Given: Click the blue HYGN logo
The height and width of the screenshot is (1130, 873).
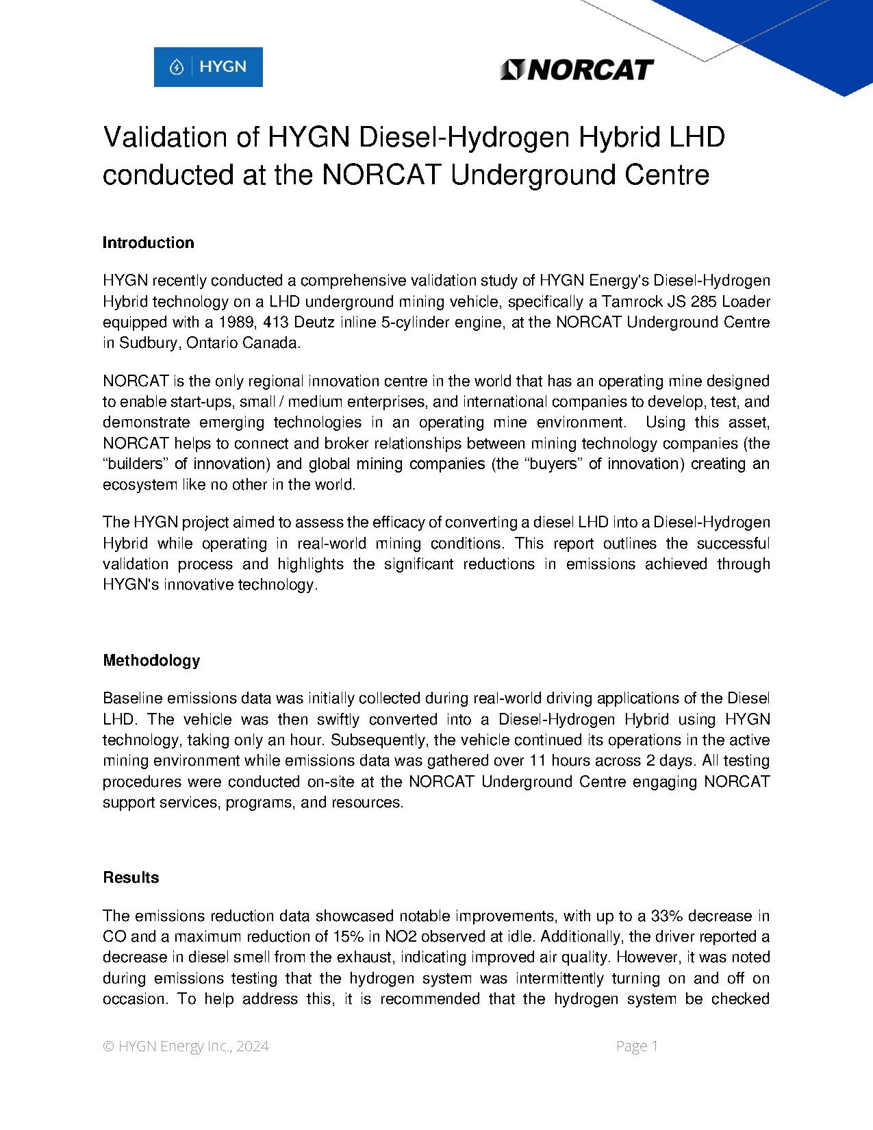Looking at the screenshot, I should coord(208,67).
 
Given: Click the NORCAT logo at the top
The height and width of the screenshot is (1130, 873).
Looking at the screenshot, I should coord(577,69).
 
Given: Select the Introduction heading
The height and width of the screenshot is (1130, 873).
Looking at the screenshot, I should coord(148,242).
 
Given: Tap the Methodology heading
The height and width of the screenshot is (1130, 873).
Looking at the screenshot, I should coord(151,660).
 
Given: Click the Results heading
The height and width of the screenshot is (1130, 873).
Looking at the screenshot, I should coord(131,877).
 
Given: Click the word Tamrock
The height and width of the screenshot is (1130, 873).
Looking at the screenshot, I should coord(628,301).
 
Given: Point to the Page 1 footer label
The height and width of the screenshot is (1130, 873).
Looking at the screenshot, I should coord(637,1046).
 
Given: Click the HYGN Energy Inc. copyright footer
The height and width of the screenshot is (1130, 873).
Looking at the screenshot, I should coord(186,1046).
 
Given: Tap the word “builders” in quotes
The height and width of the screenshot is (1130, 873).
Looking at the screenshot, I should coord(135,464).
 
